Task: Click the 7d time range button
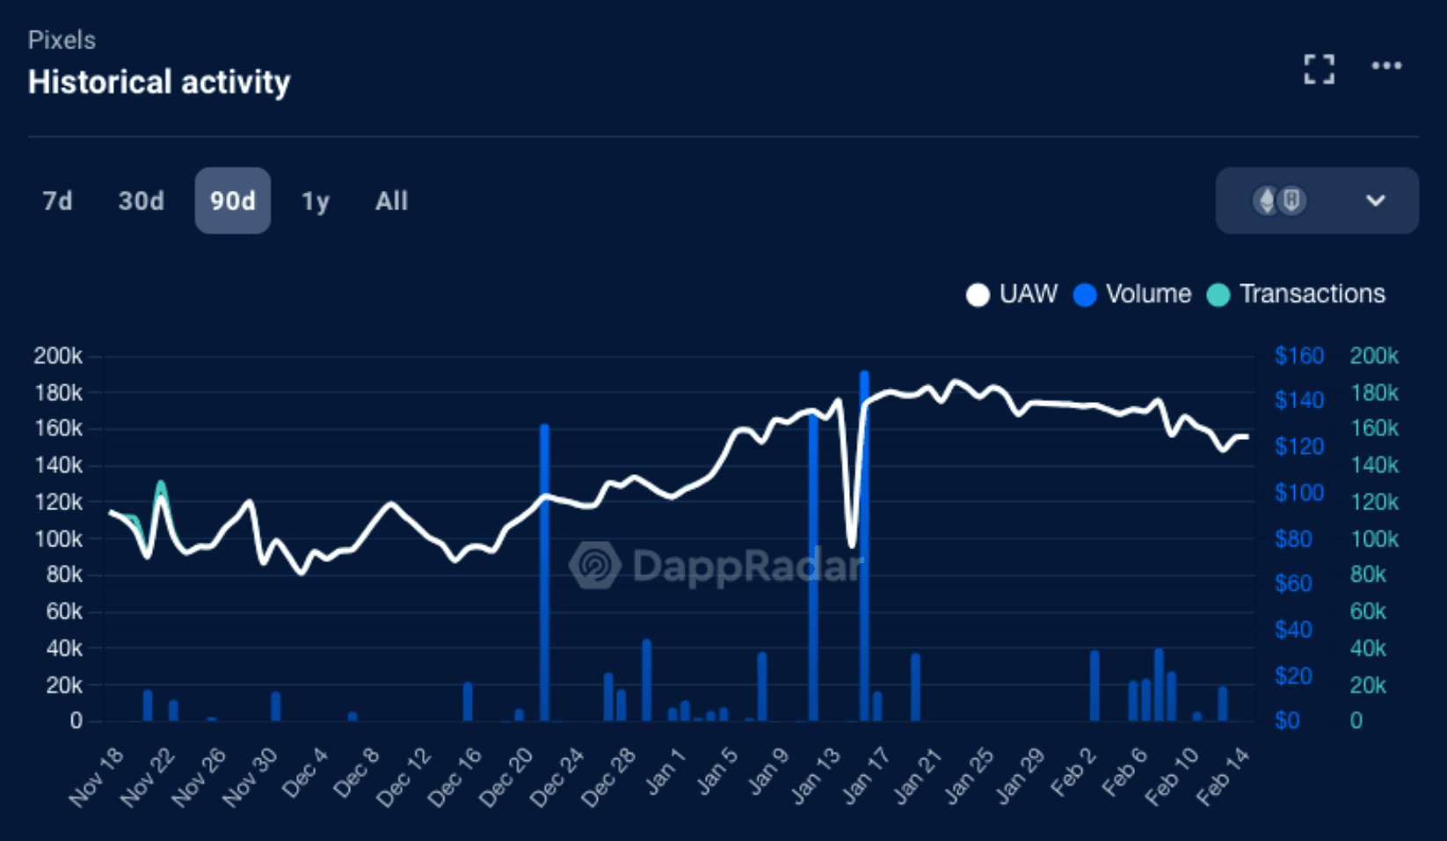coord(57,201)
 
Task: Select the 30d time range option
coord(141,201)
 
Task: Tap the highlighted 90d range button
coord(232,201)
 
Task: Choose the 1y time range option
coord(315,201)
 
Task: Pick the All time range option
coord(391,201)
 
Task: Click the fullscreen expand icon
coord(1319,69)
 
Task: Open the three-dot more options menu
coord(1386,66)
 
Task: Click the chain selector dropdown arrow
coord(1375,201)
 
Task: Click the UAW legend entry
coord(1013,294)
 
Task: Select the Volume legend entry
coord(1133,294)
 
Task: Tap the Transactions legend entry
coord(1298,294)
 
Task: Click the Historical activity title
coord(159,83)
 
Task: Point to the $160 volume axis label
coord(1298,356)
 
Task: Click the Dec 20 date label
coord(508,776)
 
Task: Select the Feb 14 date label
coord(1224,776)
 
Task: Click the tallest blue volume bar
coord(864,545)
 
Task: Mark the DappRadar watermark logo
coord(595,565)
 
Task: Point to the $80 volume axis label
coord(1293,538)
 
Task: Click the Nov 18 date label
coord(98,776)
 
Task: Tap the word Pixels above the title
coord(62,40)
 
